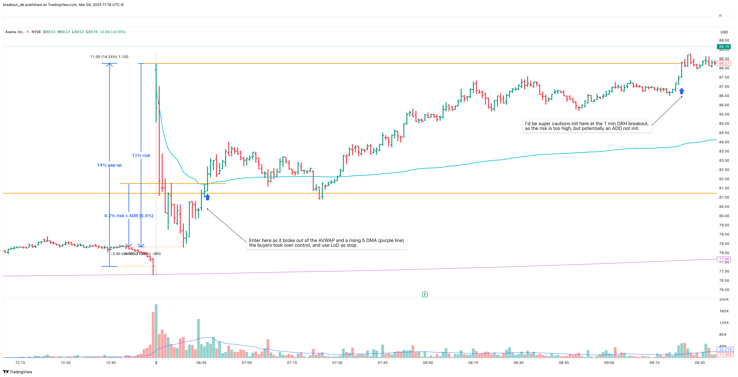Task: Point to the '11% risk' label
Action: [x=141, y=155]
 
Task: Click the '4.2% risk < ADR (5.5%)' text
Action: [x=129, y=216]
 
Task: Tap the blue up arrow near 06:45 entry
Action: [x=207, y=197]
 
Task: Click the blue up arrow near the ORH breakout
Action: [x=681, y=91]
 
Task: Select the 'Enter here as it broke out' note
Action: [x=326, y=243]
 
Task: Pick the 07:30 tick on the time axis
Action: [x=337, y=363]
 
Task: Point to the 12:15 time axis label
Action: [x=20, y=363]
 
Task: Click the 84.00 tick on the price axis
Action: [x=724, y=142]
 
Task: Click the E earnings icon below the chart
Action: [x=425, y=294]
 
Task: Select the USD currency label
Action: [x=724, y=32]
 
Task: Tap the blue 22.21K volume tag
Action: [x=725, y=350]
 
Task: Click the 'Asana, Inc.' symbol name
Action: [x=14, y=32]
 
